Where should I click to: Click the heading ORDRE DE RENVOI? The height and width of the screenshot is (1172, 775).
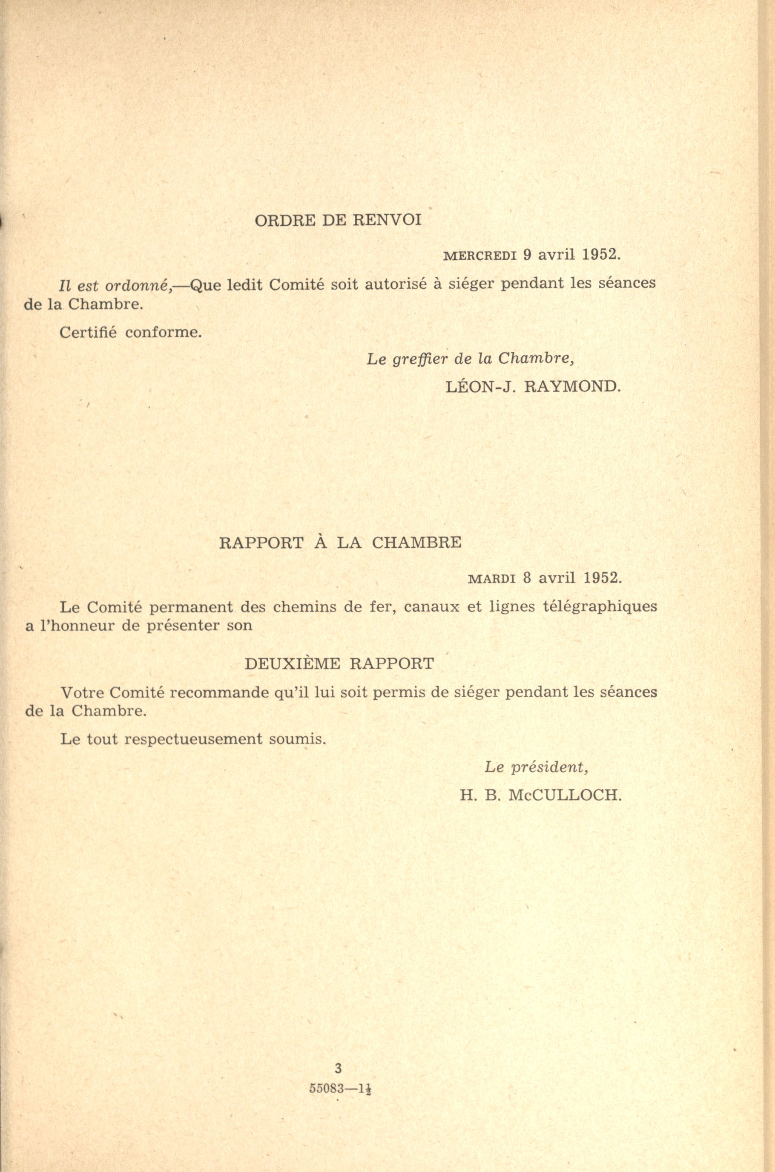tap(338, 220)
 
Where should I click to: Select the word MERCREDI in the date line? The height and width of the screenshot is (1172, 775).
tap(480, 256)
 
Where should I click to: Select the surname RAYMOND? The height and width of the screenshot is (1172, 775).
tap(571, 387)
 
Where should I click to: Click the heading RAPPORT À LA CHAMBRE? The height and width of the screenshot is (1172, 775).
tap(340, 543)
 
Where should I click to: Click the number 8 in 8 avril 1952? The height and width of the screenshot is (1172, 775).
tap(527, 578)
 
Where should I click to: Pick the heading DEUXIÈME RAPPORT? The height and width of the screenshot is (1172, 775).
tap(339, 664)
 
